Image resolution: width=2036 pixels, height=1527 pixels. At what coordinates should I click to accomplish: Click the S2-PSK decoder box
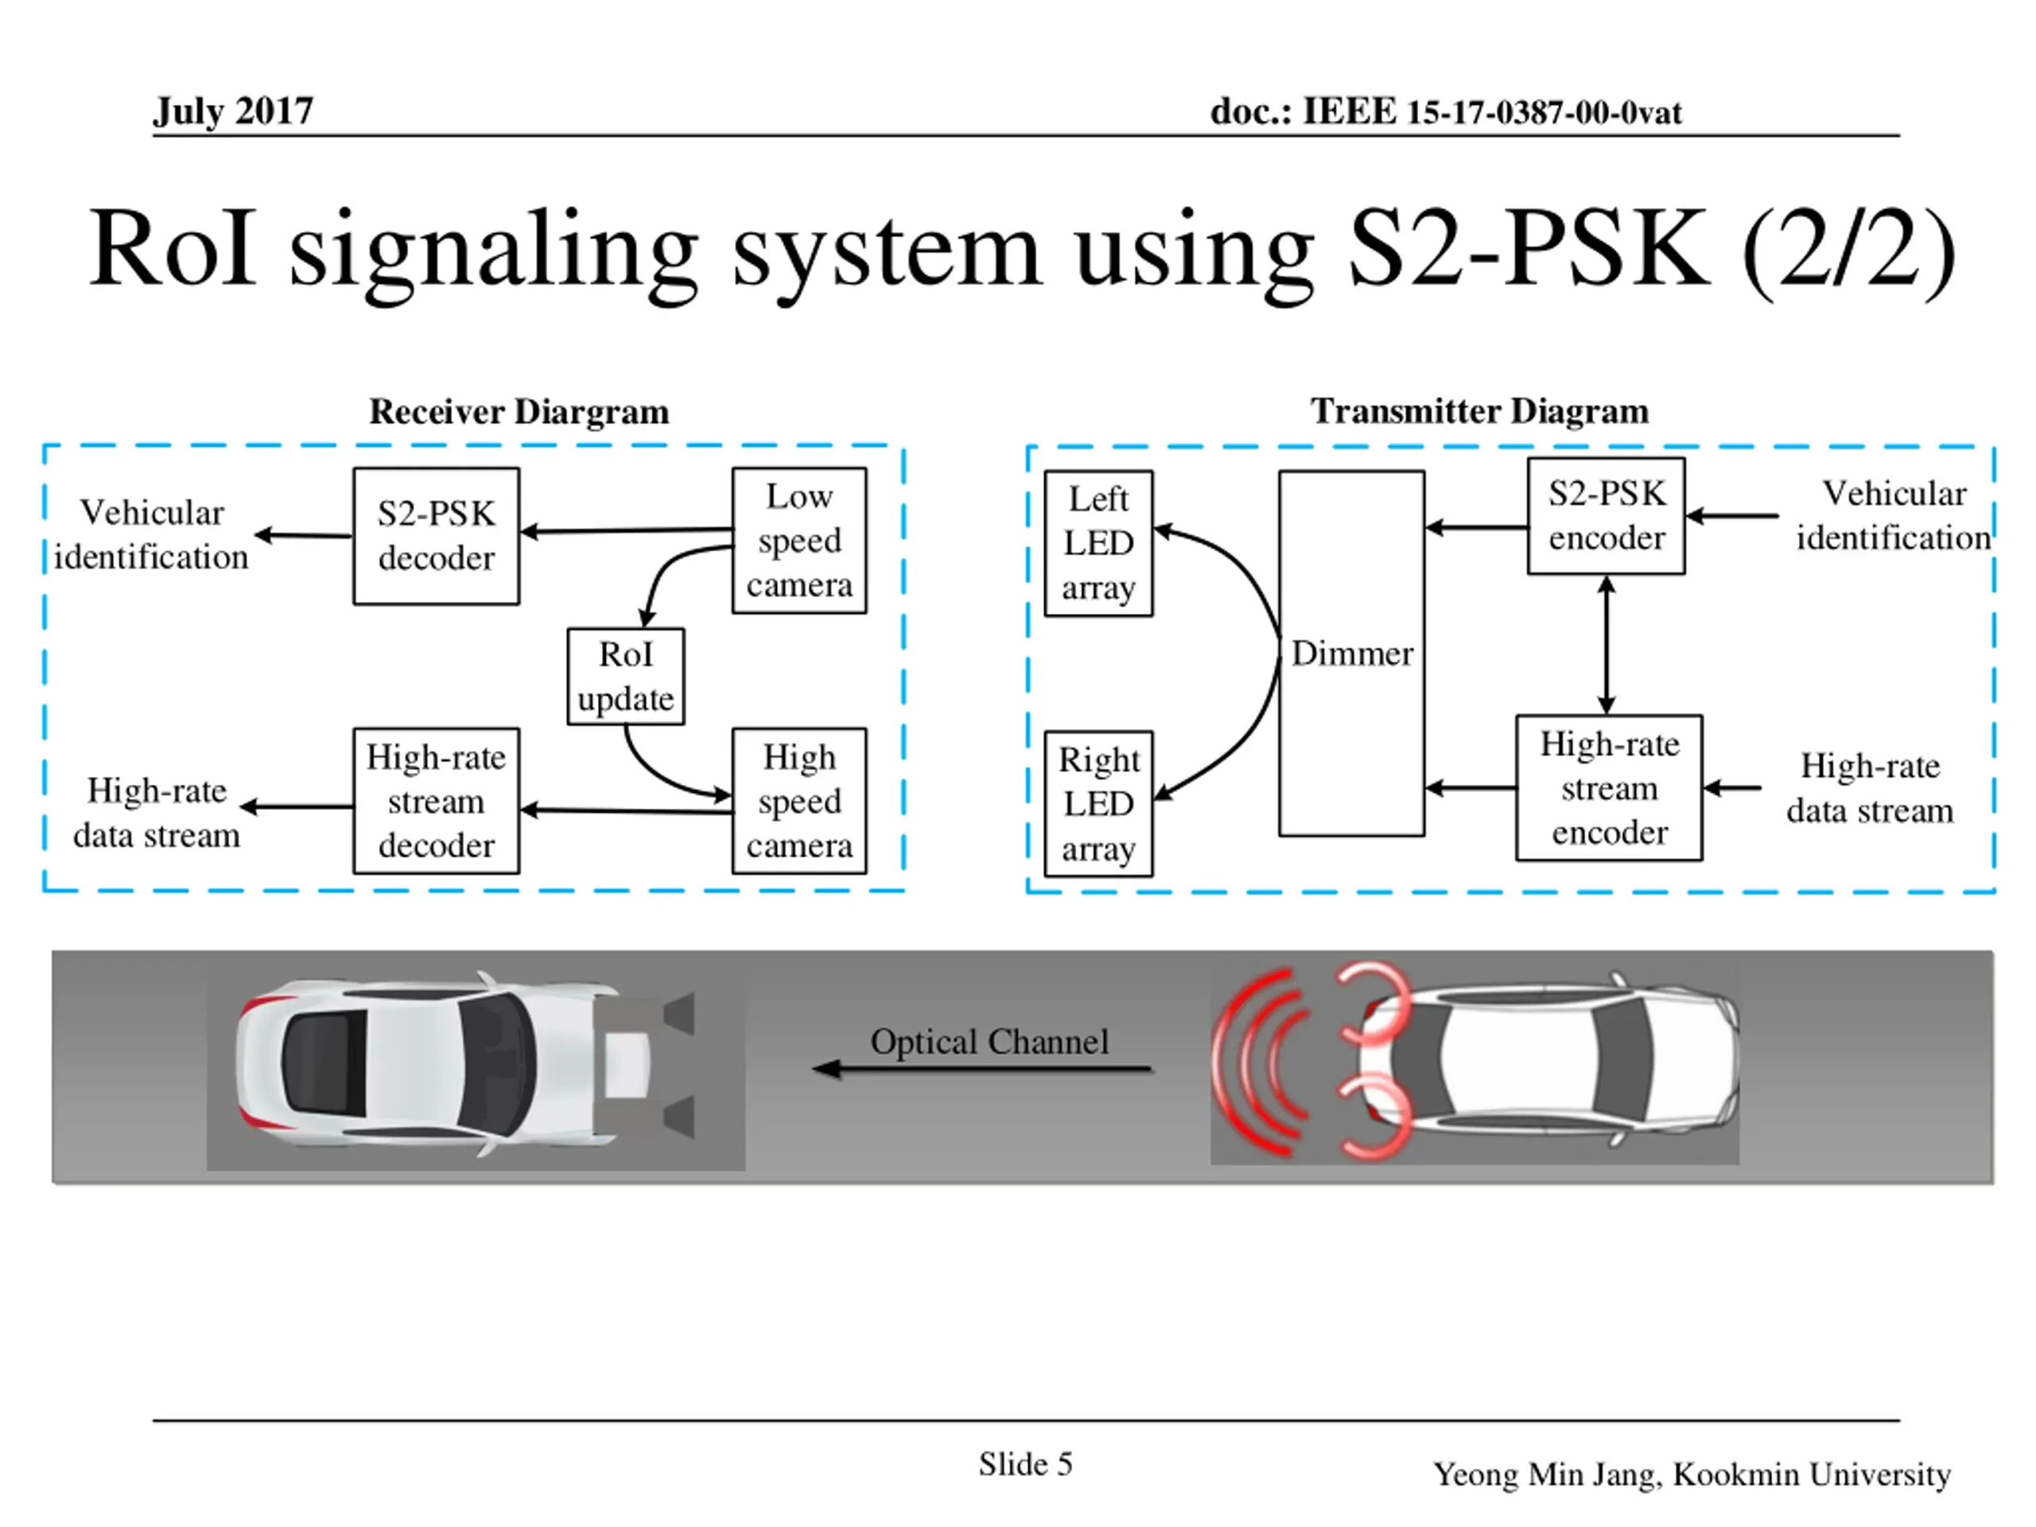[x=437, y=536]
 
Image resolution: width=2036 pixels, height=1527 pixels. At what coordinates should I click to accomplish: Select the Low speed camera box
[x=799, y=540]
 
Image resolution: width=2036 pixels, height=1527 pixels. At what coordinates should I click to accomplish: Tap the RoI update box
[x=626, y=677]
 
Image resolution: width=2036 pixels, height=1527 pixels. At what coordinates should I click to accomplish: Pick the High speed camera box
[x=799, y=801]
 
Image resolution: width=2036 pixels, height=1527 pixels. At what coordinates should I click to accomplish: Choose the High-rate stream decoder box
[x=437, y=801]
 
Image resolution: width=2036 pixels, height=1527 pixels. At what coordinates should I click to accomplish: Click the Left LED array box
[x=1098, y=543]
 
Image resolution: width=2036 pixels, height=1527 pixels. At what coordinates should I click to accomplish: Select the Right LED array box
[x=1098, y=803]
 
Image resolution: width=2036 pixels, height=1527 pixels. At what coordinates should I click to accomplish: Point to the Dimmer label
[x=1352, y=654]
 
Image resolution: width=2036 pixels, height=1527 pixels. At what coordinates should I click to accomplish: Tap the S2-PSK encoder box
[x=1607, y=516]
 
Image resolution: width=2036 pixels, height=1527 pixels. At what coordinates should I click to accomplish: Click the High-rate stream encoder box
[x=1609, y=788]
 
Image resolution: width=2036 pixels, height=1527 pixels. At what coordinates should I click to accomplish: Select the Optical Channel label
[x=989, y=1042]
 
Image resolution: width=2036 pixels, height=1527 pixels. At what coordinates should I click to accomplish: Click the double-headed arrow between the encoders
[x=1607, y=645]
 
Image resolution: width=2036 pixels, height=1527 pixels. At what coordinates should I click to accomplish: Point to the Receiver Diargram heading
[x=519, y=411]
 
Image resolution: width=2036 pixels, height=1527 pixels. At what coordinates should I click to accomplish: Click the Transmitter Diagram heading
[x=1479, y=410]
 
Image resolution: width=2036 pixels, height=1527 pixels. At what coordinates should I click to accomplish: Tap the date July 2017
[x=233, y=111]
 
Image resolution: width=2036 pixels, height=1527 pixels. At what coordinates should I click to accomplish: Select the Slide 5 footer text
[x=1025, y=1464]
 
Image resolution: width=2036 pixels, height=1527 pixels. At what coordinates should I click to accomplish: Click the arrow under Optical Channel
[x=981, y=1069]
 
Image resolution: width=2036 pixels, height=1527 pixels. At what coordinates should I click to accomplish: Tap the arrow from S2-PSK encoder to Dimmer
[x=1476, y=527]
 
